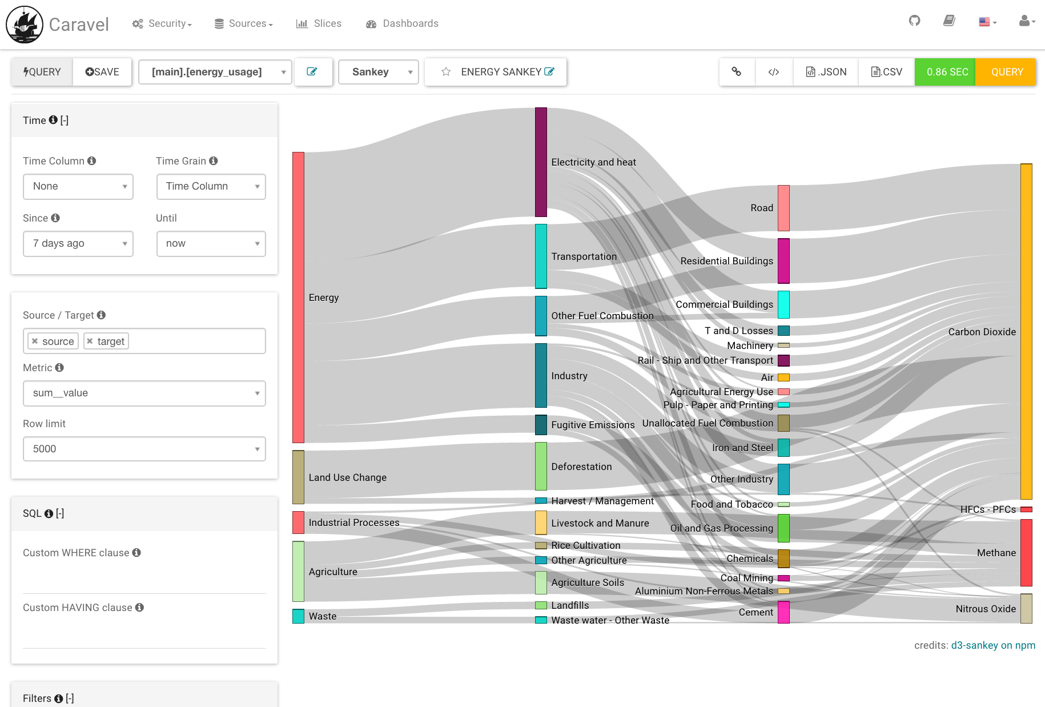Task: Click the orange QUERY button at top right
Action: click(x=1006, y=72)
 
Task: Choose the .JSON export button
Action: click(x=826, y=72)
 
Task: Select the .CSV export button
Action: click(x=886, y=72)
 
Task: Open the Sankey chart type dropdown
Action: click(x=378, y=72)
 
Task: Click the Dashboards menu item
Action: click(x=403, y=23)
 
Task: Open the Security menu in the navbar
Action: click(x=162, y=23)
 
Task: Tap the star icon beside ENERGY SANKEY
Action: click(x=446, y=72)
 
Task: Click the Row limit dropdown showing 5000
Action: click(x=144, y=449)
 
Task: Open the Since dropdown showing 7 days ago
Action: click(x=78, y=244)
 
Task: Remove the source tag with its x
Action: click(x=35, y=341)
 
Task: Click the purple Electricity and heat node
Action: click(x=541, y=162)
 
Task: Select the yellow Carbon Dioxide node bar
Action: click(x=1026, y=331)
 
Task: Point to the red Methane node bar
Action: click(x=1026, y=552)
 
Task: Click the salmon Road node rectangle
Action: click(x=783, y=208)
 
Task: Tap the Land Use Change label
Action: click(x=347, y=477)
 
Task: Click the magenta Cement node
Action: click(x=783, y=612)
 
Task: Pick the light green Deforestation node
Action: click(x=541, y=466)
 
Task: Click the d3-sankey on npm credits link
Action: click(x=992, y=645)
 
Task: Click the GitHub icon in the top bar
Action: click(x=914, y=21)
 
